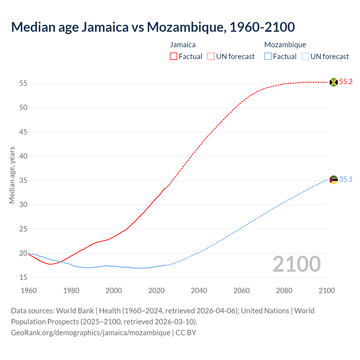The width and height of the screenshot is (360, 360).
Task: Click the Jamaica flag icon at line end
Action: tap(334, 82)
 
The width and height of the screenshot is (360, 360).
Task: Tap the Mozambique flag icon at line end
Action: tap(334, 179)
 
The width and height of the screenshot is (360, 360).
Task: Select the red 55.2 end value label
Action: tap(346, 82)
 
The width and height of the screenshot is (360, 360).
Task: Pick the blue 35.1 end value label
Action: tap(346, 179)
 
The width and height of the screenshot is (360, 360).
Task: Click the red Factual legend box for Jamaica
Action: tap(174, 57)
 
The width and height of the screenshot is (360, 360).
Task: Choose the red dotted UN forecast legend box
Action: tap(211, 57)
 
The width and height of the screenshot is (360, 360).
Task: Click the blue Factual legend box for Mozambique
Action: tap(268, 57)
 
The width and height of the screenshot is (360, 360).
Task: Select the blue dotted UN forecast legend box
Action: tap(305, 57)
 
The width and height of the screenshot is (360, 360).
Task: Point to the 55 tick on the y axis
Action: tap(23, 84)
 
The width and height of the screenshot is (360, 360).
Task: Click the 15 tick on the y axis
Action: tap(23, 278)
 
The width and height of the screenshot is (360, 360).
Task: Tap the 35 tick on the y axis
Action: tap(23, 181)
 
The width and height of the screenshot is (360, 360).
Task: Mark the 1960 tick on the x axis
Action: tap(29, 291)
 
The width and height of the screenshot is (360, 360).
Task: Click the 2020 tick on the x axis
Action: tap(156, 291)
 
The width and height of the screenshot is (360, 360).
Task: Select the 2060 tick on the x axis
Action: tap(242, 291)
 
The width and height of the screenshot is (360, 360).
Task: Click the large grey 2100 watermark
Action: tap(297, 264)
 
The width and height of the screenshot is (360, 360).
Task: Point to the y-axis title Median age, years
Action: tap(12, 175)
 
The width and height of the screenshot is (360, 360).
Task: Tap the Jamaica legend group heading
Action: tap(183, 45)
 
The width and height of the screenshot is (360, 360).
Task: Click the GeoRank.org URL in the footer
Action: tap(91, 333)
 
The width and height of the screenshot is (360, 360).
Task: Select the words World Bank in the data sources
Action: tap(75, 311)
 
